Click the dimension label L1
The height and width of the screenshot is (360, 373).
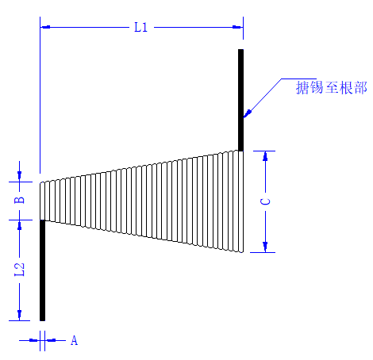click(140, 27)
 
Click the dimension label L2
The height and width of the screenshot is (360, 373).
click(19, 270)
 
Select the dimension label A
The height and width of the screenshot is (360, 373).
click(74, 340)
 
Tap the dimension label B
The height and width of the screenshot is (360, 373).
click(19, 200)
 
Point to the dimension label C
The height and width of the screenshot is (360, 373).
click(265, 201)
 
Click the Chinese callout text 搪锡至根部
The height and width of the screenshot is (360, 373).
click(332, 88)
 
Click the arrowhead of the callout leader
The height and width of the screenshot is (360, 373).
click(247, 113)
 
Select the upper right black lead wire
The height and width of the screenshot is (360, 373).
click(240, 100)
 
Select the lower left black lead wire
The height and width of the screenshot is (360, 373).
click(42, 270)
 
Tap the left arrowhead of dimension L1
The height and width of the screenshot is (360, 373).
click(45, 27)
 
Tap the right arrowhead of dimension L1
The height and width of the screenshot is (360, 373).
click(237, 27)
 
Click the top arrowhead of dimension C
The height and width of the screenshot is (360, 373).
click(265, 156)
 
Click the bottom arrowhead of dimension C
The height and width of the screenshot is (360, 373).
click(265, 247)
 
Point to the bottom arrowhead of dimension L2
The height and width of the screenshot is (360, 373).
click(19, 316)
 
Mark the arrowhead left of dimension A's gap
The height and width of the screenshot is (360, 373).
click(34, 340)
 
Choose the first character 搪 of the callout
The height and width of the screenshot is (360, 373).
click(302, 88)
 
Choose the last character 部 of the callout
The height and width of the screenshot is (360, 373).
click(361, 88)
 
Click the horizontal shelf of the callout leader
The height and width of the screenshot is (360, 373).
click(298, 79)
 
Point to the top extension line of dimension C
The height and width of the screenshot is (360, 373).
click(264, 151)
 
